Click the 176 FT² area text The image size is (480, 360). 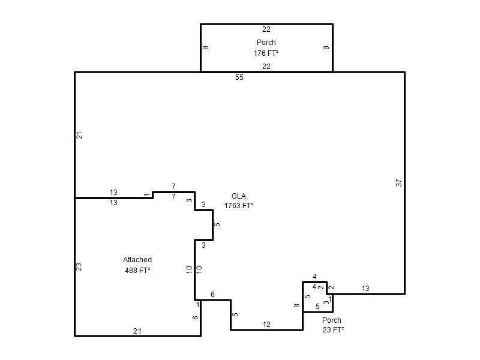click(x=266, y=53)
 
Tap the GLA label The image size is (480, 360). click(x=239, y=196)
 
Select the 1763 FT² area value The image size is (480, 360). click(x=239, y=206)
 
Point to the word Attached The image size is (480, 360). click(x=137, y=260)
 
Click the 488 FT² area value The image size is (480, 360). click(x=137, y=271)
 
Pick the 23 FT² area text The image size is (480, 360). click(x=333, y=329)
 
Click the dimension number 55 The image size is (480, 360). click(x=239, y=77)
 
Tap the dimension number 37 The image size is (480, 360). click(x=398, y=183)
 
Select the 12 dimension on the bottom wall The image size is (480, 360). click(x=266, y=325)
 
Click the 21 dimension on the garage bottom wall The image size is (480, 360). click(x=137, y=331)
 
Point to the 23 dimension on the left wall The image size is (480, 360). click(x=79, y=267)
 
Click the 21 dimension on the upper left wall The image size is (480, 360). click(x=79, y=135)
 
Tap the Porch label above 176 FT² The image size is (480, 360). click(x=266, y=42)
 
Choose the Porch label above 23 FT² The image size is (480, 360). click(x=332, y=320)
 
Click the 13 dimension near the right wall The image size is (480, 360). click(x=365, y=289)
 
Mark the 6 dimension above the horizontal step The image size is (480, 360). click(x=212, y=295)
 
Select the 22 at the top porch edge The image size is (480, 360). click(x=266, y=29)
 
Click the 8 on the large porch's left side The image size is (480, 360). click(x=206, y=47)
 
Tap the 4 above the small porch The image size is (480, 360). click(x=314, y=277)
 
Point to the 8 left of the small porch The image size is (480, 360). click(x=296, y=305)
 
